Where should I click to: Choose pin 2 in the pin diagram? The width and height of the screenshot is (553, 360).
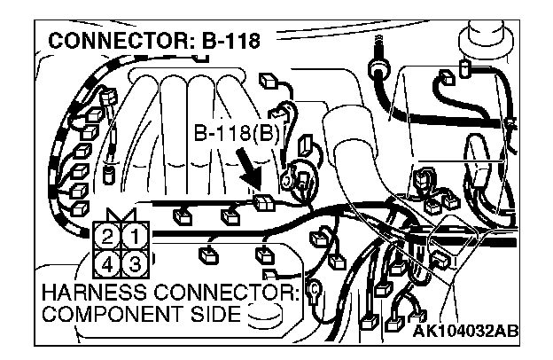(x=106, y=237)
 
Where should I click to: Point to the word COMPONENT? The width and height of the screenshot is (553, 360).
(x=100, y=315)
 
